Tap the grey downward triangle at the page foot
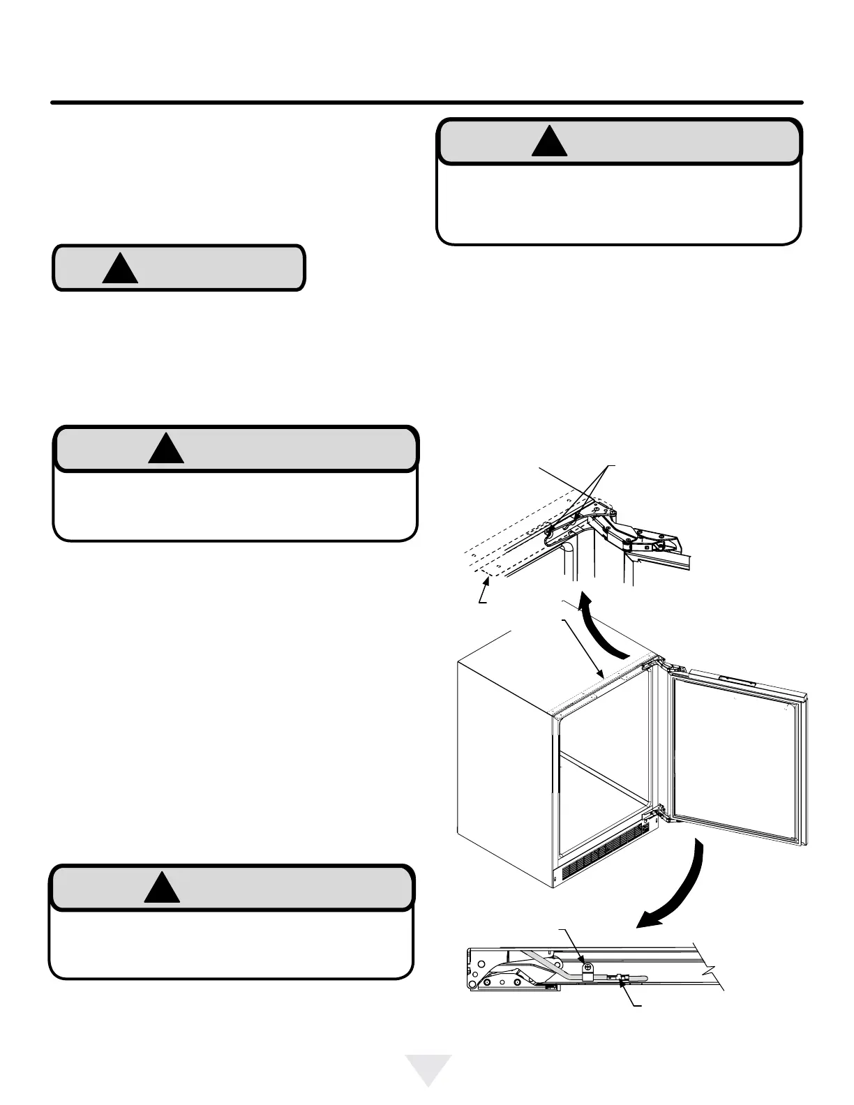429,1068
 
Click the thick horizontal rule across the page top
427,103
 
